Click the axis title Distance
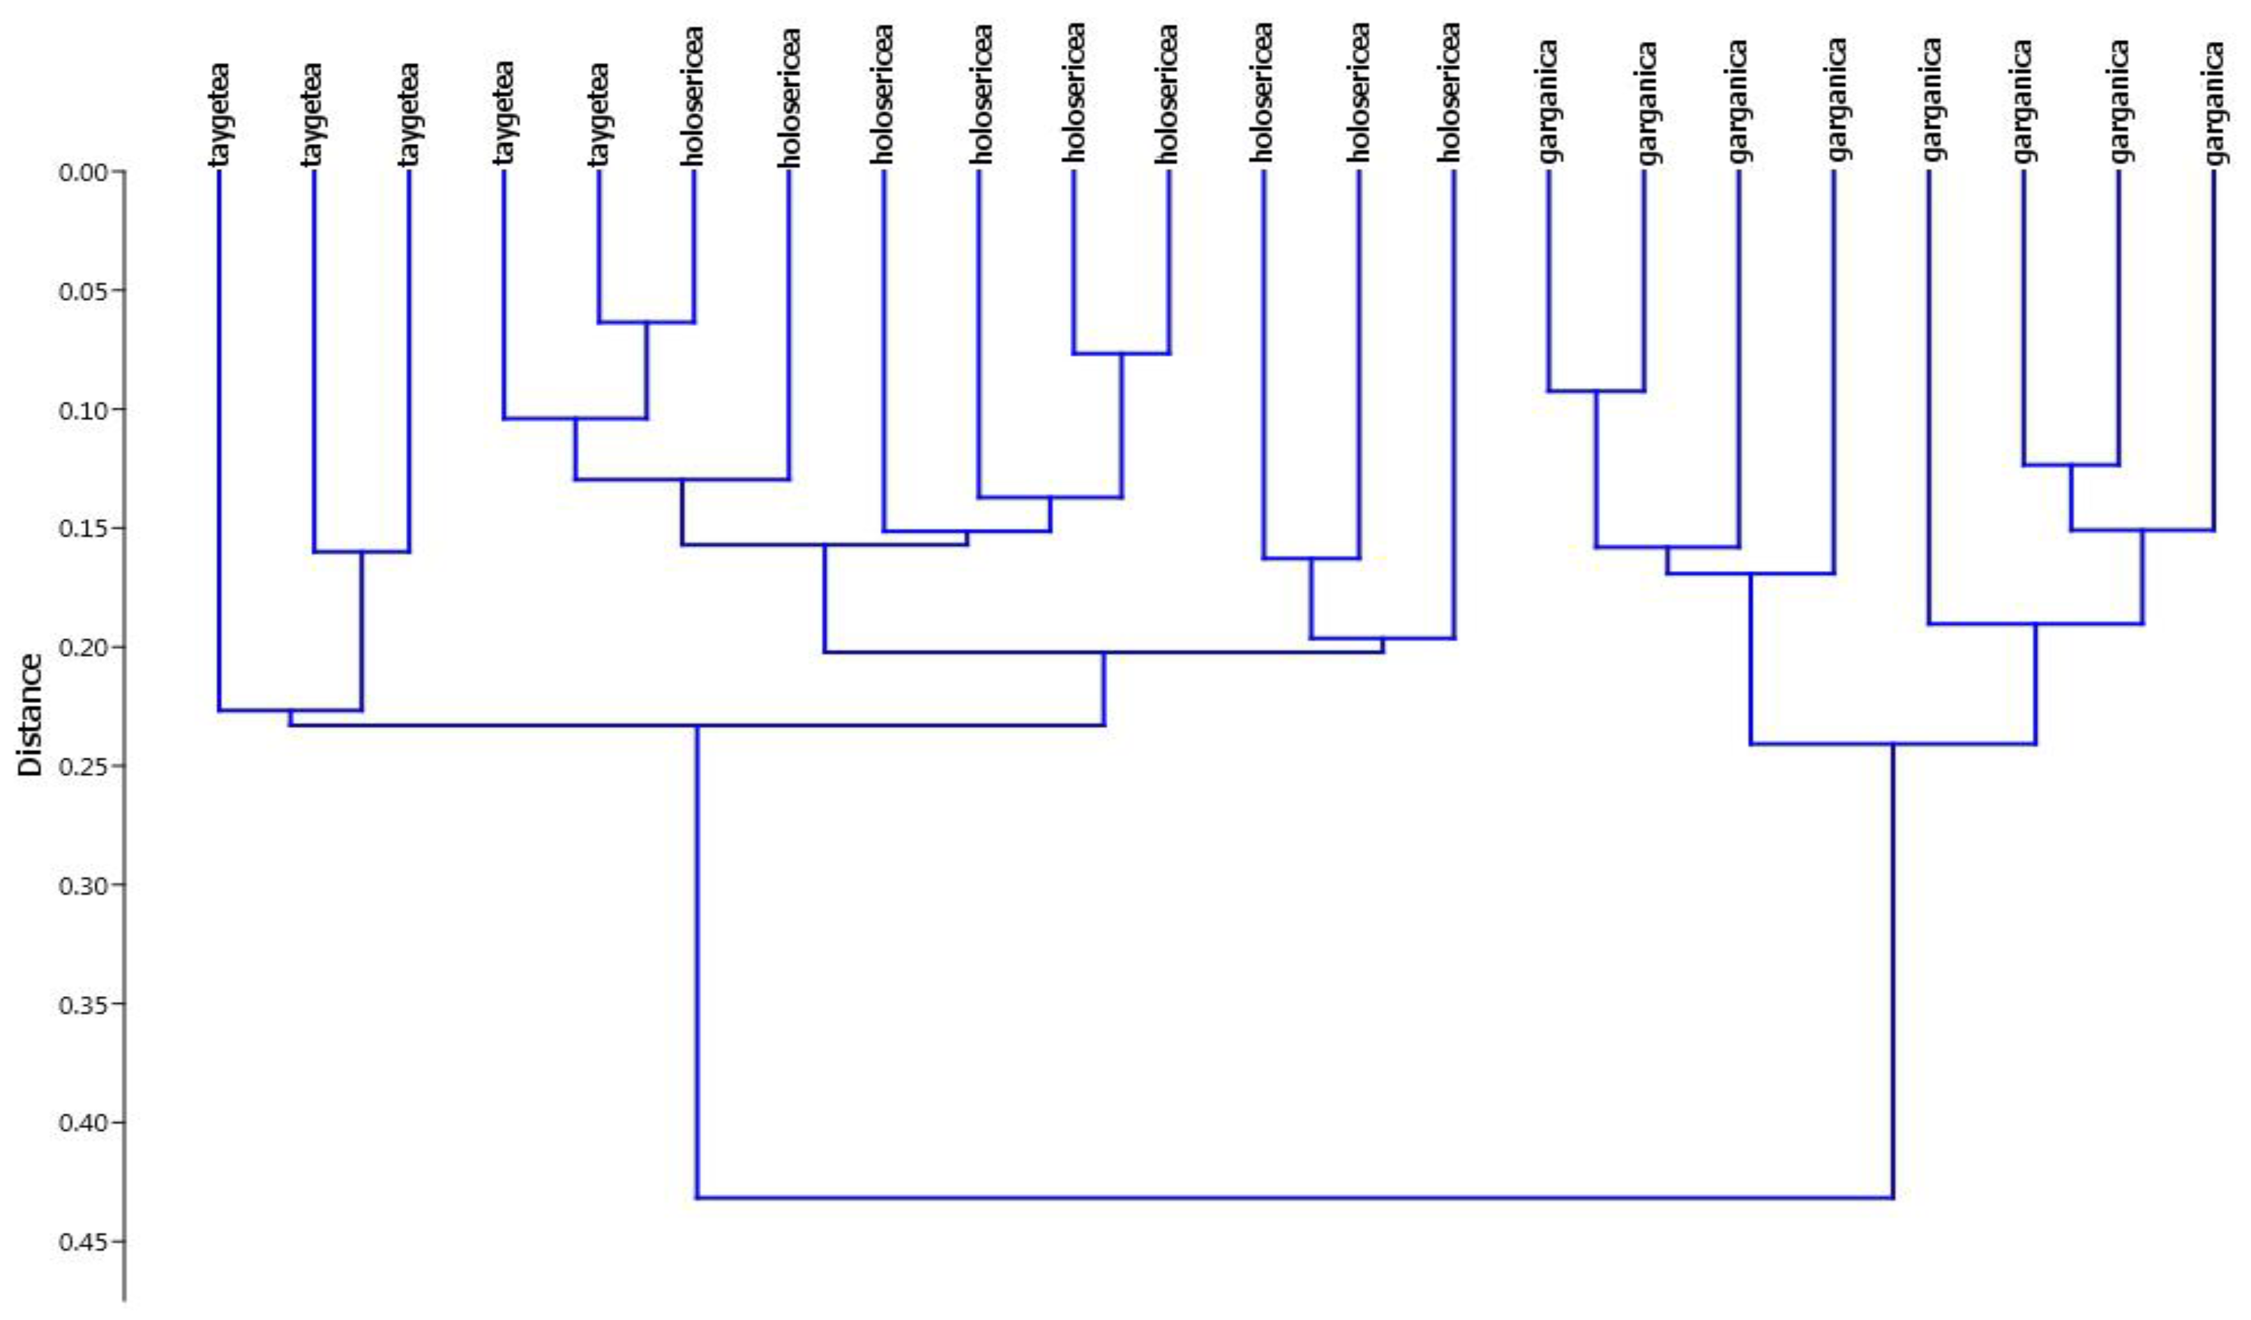tap(31, 715)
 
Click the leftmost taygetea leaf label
tap(220, 114)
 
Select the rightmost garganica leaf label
tap(2213, 103)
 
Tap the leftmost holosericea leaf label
tap(694, 96)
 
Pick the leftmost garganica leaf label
tap(1550, 103)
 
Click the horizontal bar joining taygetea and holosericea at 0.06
tap(646, 322)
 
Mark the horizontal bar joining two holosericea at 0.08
tap(1121, 354)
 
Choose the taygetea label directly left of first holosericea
tap(599, 114)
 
